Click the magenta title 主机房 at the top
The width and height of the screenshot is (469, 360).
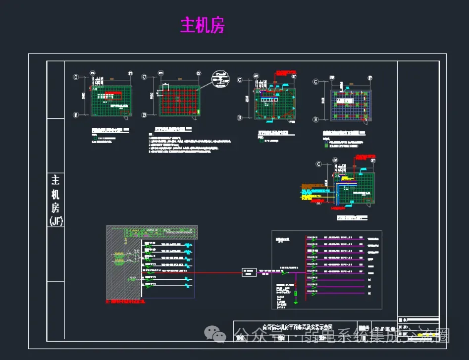click(202, 25)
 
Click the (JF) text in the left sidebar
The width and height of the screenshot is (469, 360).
click(56, 221)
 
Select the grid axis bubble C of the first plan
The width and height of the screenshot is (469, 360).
click(76, 77)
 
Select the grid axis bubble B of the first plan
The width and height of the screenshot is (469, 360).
click(76, 115)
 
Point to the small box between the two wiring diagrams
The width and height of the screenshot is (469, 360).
click(249, 272)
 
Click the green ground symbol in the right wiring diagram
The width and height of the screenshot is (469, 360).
click(296, 293)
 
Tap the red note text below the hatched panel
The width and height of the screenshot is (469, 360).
click(124, 301)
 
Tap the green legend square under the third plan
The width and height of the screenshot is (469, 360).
click(261, 141)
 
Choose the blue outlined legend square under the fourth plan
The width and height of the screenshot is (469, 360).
click(326, 142)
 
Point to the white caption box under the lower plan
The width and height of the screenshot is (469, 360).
click(353, 217)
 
